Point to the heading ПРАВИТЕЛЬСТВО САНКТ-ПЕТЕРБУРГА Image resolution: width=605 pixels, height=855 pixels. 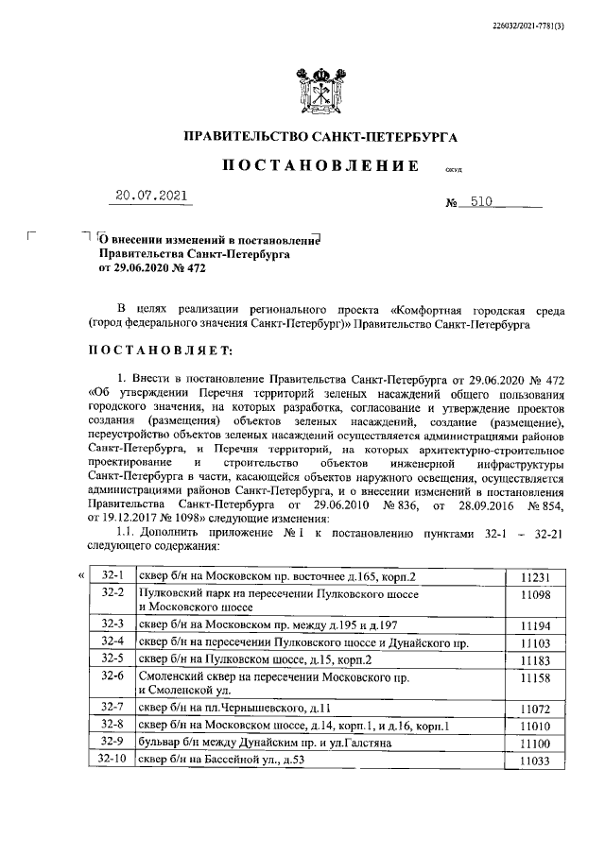coord(320,137)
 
